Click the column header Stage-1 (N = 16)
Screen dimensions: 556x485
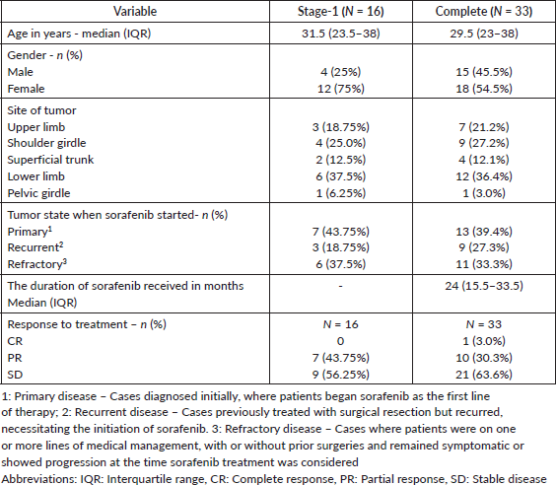tap(340, 12)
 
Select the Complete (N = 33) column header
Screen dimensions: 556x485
tap(484, 12)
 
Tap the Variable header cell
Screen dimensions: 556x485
tap(135, 12)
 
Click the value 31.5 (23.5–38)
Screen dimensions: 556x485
tap(340, 34)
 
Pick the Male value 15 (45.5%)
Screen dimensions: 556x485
tap(484, 72)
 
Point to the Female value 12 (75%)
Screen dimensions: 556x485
tap(340, 89)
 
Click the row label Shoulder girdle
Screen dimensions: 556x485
tap(46, 143)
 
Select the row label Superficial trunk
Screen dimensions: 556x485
tap(50, 160)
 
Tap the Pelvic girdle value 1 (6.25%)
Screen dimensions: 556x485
tap(340, 193)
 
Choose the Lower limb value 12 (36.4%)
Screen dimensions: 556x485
tap(484, 176)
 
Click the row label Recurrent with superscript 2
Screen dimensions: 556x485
tap(35, 247)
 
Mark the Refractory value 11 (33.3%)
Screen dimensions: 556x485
tap(484, 264)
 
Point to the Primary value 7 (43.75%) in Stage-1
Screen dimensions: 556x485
tap(340, 232)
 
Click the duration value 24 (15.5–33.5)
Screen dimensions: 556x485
tap(484, 286)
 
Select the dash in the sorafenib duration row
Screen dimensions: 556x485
tap(340, 286)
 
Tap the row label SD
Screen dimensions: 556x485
tap(15, 375)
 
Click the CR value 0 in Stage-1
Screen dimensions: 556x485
tap(340, 341)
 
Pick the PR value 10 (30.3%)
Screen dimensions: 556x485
tap(484, 358)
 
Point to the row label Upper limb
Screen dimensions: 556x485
tap(36, 127)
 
